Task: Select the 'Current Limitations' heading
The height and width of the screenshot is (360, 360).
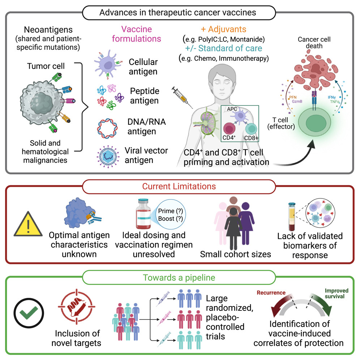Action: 180,186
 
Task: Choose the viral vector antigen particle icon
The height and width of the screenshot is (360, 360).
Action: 108,155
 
